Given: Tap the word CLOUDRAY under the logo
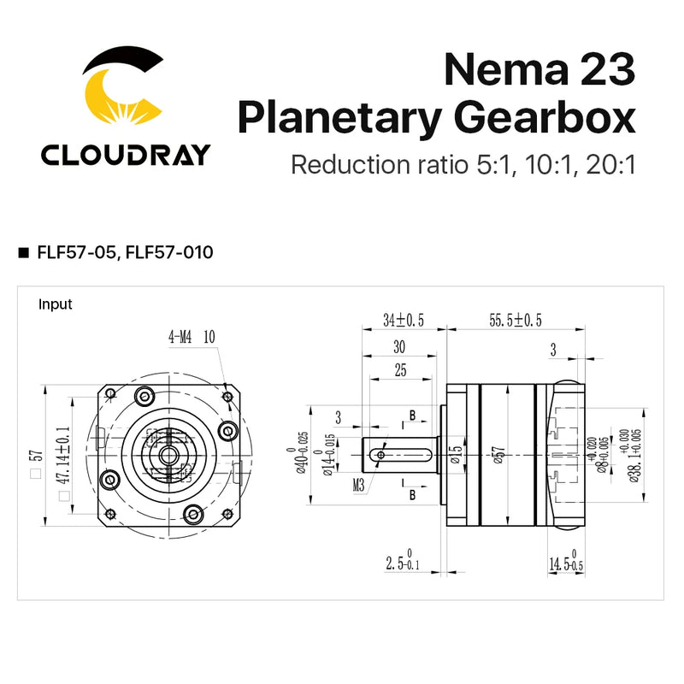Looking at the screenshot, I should [125, 154].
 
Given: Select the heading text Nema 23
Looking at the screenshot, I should [540, 68].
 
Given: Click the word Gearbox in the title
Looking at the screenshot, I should [560, 118].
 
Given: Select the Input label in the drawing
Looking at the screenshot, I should [56, 304].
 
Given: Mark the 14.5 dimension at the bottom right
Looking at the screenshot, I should [565, 563].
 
